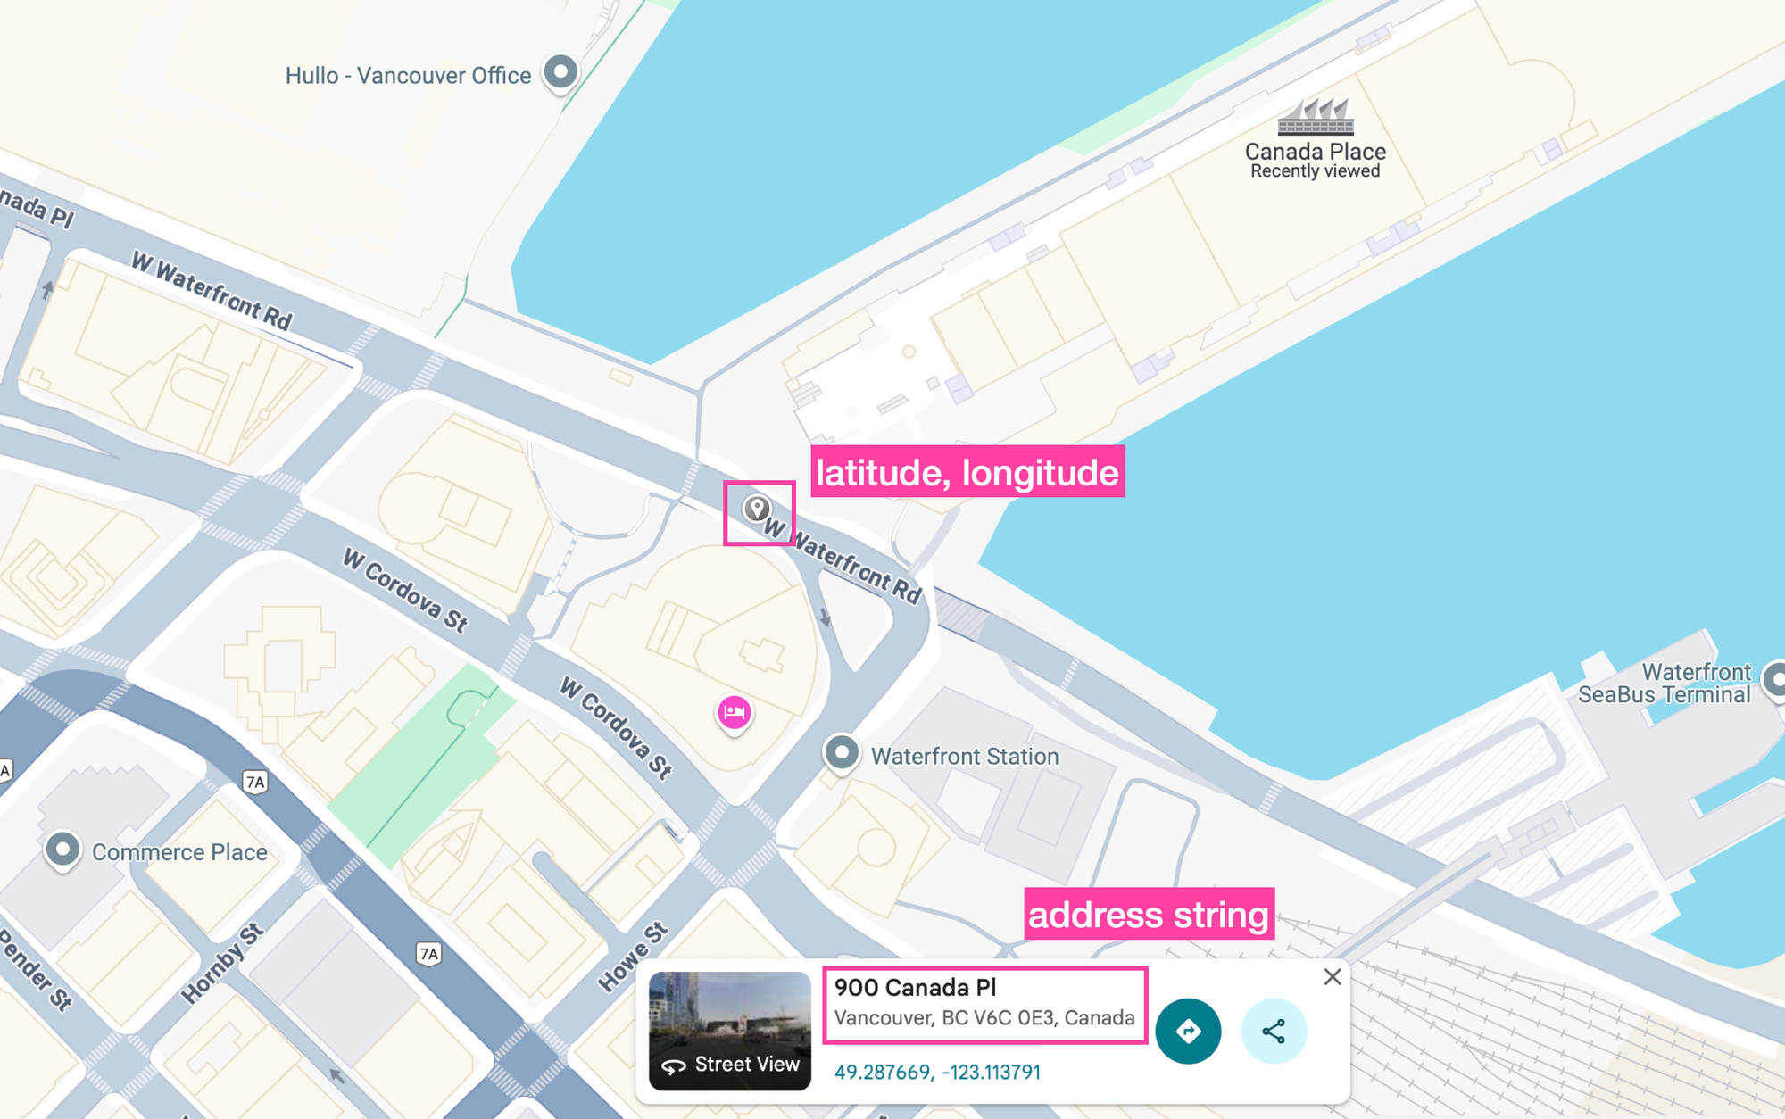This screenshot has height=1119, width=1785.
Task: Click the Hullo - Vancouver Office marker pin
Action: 560,71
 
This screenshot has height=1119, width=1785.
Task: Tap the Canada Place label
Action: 1315,152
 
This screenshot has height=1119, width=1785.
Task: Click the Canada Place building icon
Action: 1315,116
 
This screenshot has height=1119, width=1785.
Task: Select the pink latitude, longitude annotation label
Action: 967,472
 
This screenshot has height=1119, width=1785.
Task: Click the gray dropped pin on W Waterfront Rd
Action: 757,509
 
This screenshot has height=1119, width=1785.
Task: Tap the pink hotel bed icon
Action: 734,712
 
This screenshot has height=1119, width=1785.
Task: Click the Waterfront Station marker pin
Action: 841,752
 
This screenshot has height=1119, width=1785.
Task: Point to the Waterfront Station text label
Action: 964,756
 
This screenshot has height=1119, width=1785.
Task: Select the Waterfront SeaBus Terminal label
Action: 1664,684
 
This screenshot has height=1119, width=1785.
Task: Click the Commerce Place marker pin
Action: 62,849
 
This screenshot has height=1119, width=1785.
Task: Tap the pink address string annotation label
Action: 1149,915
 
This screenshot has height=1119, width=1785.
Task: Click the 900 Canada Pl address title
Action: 915,987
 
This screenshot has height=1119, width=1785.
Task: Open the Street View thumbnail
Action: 729,1031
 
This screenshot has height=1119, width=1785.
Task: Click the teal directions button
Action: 1187,1032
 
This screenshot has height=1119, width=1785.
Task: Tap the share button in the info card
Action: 1274,1032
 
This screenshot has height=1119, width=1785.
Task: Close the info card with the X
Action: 1332,977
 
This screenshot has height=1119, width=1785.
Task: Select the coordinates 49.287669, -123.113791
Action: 937,1072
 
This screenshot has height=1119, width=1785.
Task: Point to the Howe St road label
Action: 632,957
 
